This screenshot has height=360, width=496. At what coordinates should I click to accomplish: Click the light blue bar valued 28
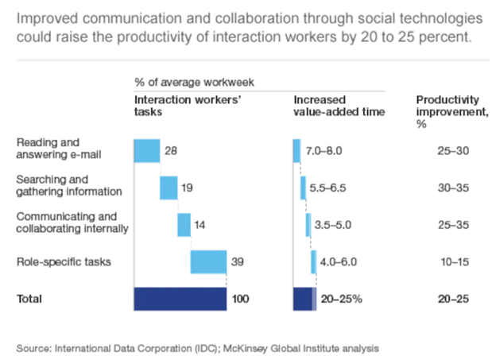pos(147,150)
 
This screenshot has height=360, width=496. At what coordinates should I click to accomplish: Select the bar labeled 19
pos(169,188)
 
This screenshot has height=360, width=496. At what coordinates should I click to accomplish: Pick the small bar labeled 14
pos(184,224)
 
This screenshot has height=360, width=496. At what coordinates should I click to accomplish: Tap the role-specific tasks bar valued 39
pos(208,261)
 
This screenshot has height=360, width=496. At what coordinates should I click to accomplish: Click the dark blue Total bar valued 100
pos(180,299)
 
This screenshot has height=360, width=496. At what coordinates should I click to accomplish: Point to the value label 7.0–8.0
pos(324,150)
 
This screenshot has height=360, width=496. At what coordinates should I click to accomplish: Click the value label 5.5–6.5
pos(327,188)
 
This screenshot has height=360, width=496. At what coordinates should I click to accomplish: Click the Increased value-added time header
pos(339,106)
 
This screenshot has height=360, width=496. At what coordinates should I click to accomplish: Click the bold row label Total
pos(29,299)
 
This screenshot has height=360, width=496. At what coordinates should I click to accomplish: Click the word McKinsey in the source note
pos(250,347)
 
